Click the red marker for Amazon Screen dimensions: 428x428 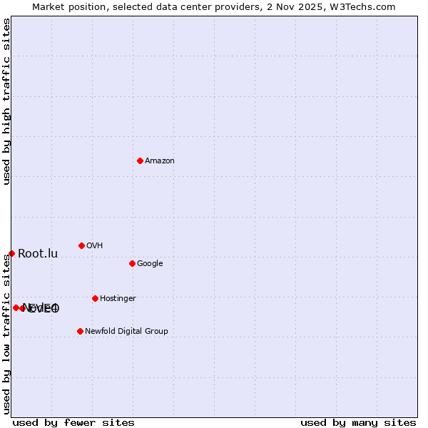140,160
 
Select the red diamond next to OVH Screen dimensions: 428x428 81,245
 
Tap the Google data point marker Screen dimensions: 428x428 132,263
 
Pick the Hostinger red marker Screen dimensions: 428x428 95,298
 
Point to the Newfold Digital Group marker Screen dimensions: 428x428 80,331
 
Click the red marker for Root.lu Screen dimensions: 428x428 11,253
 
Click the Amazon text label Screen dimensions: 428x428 160,161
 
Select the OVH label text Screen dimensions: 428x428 95,246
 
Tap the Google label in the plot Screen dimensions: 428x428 150,264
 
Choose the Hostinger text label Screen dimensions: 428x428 118,299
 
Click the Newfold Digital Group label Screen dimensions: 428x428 126,332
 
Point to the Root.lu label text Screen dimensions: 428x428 38,254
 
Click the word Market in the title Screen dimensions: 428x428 49,6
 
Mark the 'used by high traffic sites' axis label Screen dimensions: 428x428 6,101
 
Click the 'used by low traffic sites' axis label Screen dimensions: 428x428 6,334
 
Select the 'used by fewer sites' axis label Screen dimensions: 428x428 73,422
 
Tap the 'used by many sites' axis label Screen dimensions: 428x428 358,422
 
